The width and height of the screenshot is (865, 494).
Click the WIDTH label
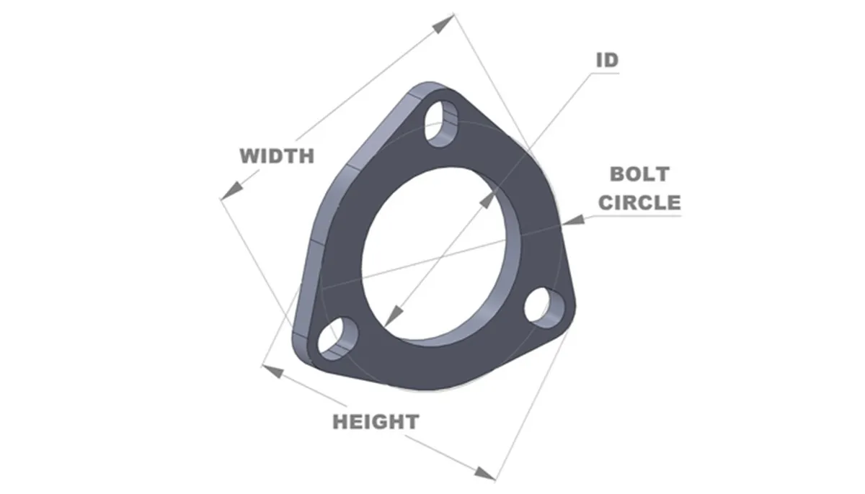(277, 155)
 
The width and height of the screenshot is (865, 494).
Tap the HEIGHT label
(375, 421)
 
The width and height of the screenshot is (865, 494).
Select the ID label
(606, 60)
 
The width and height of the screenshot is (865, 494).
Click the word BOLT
(639, 174)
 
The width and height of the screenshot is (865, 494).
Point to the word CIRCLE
(639, 202)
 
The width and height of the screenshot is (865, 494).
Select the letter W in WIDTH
(248, 155)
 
